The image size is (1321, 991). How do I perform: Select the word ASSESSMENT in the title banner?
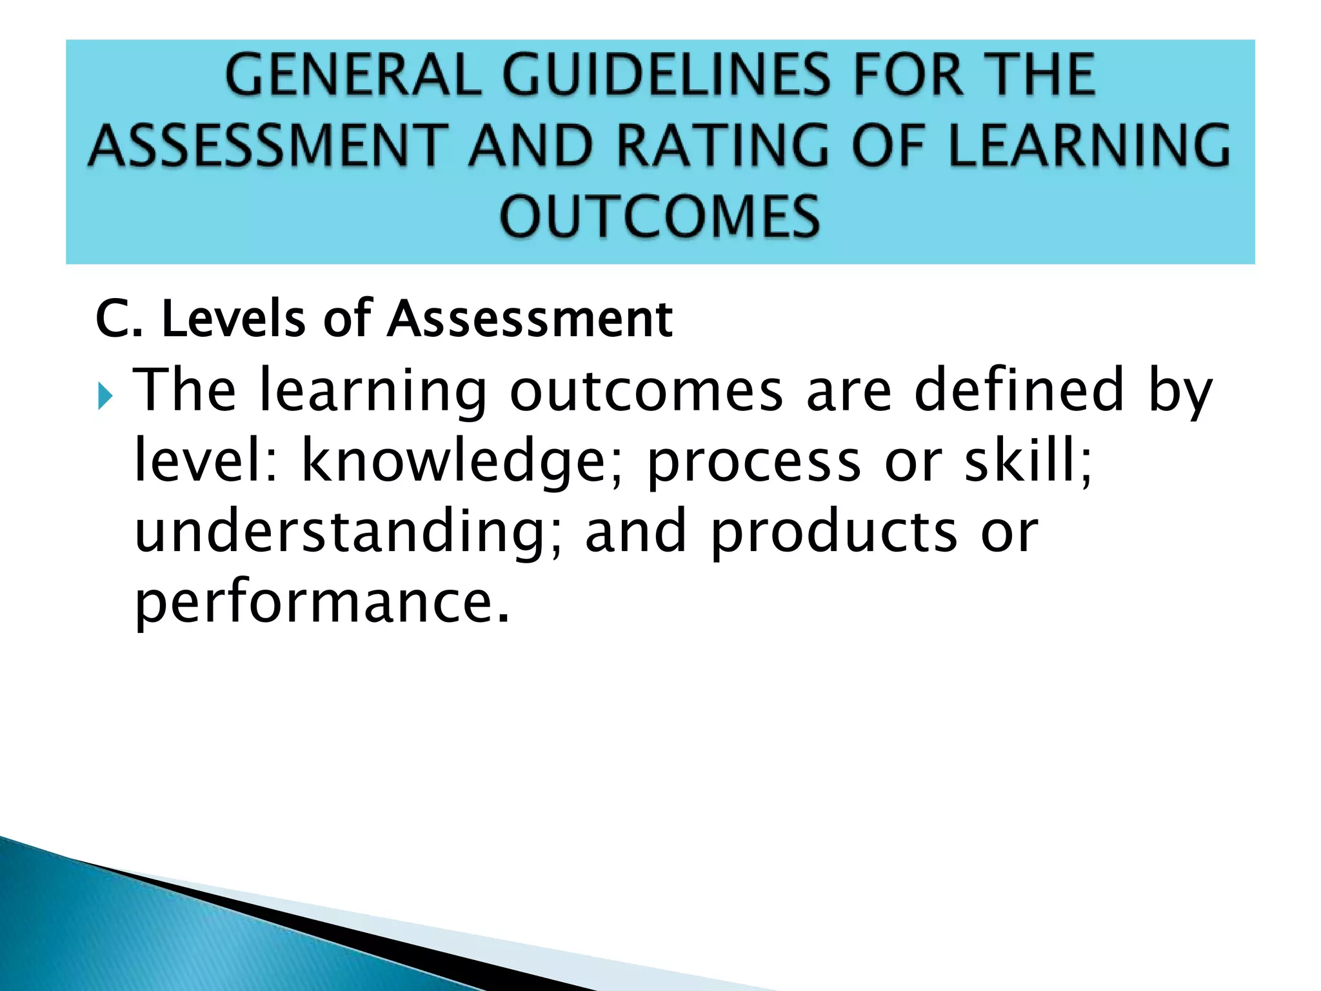point(268,145)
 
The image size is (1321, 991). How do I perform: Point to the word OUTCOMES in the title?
point(660,216)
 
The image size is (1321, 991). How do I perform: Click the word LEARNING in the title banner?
point(1090,145)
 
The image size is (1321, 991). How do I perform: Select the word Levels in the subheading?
point(233,319)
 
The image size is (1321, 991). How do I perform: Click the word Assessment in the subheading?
point(530,319)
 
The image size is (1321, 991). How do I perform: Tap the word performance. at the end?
point(322,603)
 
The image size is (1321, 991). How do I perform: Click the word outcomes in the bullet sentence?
point(646,390)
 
